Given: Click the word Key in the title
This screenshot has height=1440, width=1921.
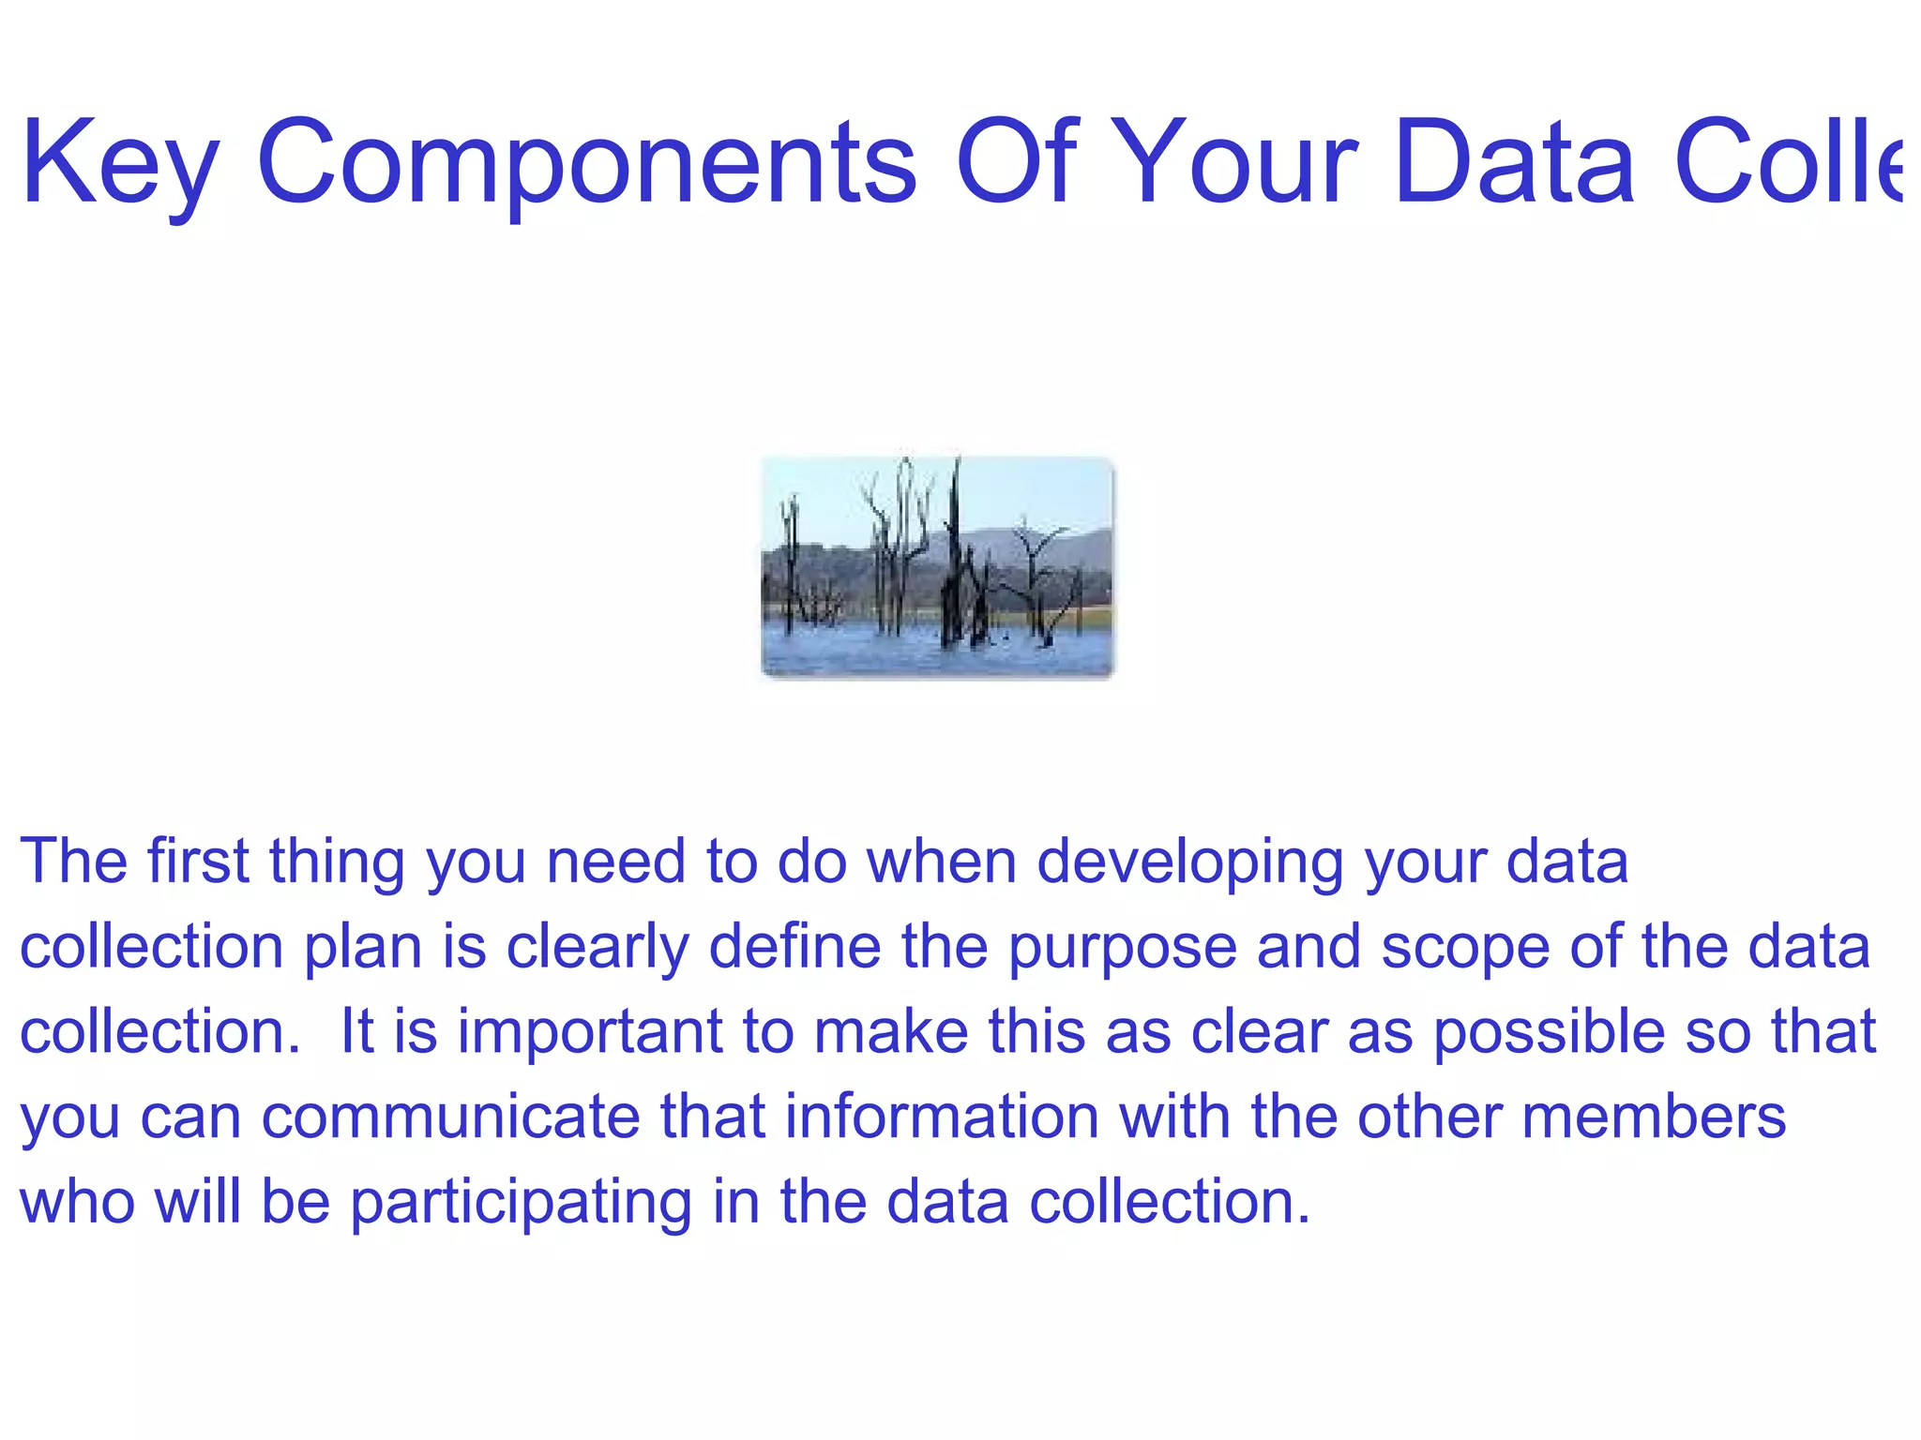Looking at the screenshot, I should [x=120, y=164].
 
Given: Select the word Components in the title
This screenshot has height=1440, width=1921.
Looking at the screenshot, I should [x=586, y=164].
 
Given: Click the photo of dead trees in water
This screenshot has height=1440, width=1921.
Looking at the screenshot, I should [x=937, y=566].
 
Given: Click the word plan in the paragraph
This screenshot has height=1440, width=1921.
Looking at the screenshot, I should [x=363, y=947].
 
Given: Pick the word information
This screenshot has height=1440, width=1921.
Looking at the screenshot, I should [x=942, y=1117].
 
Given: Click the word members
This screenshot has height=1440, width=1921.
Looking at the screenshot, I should [x=1654, y=1117].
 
